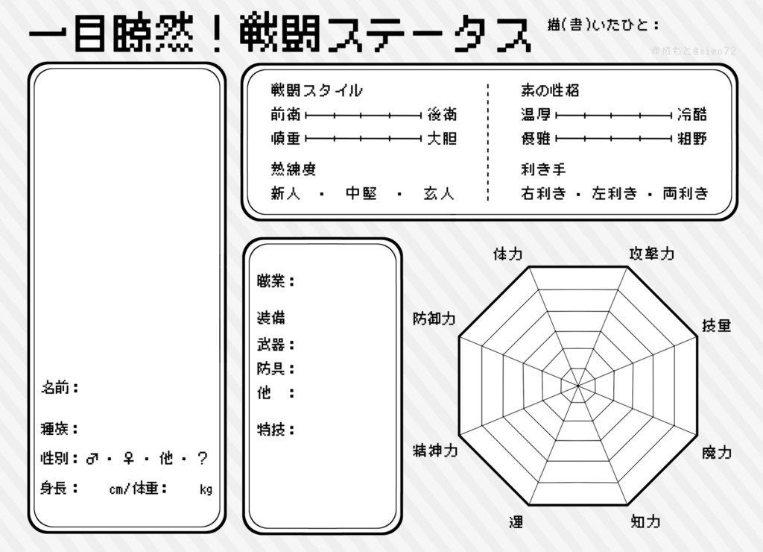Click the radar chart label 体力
[507, 254]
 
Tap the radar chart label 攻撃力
[652, 254]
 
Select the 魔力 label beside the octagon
[717, 452]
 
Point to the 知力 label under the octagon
[645, 521]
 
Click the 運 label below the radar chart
[516, 521]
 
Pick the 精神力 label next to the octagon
[434, 451]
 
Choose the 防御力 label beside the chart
[434, 319]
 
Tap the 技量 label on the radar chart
[717, 326]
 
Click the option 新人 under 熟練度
[285, 194]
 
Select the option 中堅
[361, 194]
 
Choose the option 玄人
[439, 194]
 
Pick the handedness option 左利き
[615, 194]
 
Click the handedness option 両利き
[686, 194]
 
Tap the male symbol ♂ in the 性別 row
[92, 459]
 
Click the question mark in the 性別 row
[202, 459]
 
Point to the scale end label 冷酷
[692, 115]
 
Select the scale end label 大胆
[442, 139]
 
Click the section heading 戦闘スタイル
[317, 91]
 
